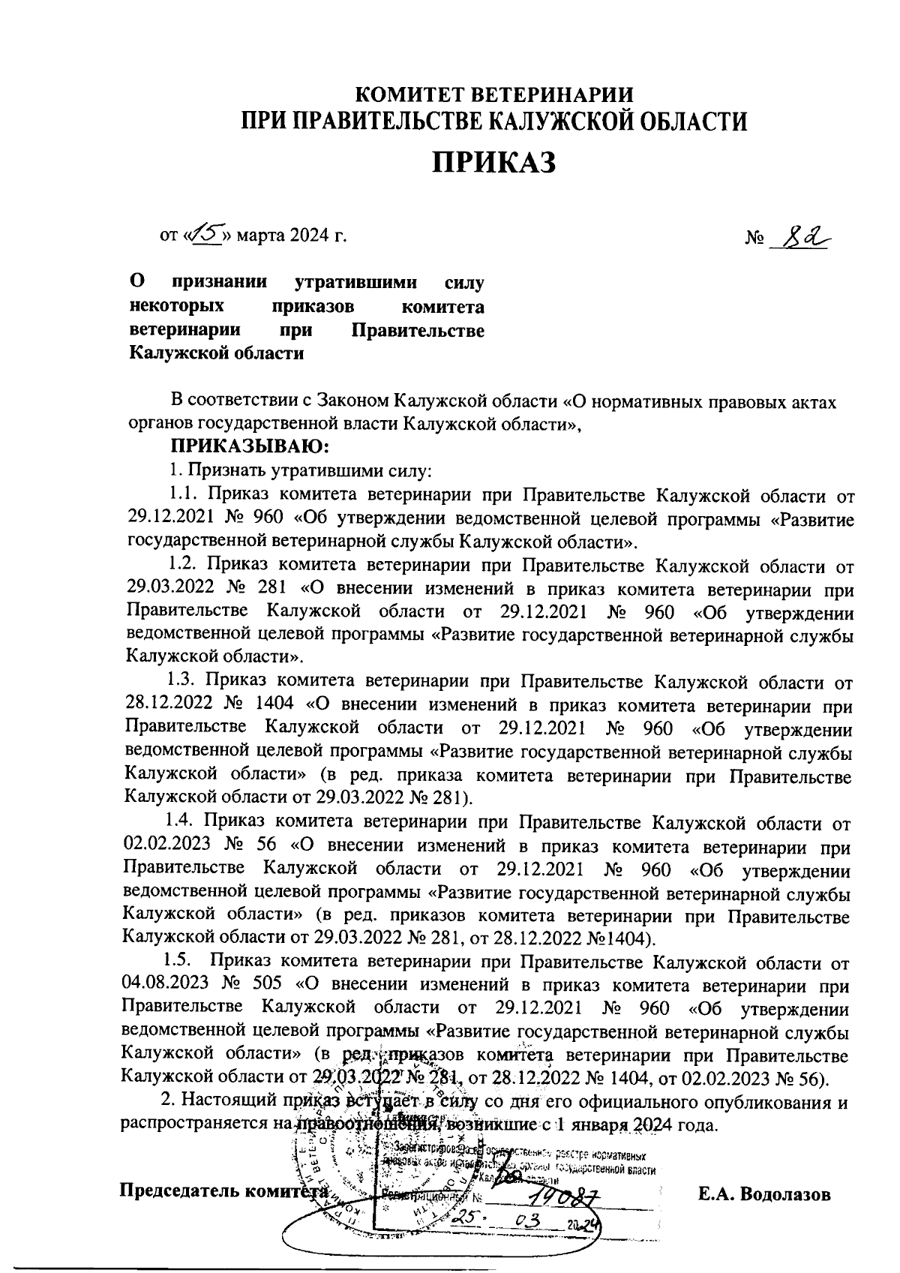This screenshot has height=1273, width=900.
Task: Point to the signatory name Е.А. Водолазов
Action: click(x=763, y=1193)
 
